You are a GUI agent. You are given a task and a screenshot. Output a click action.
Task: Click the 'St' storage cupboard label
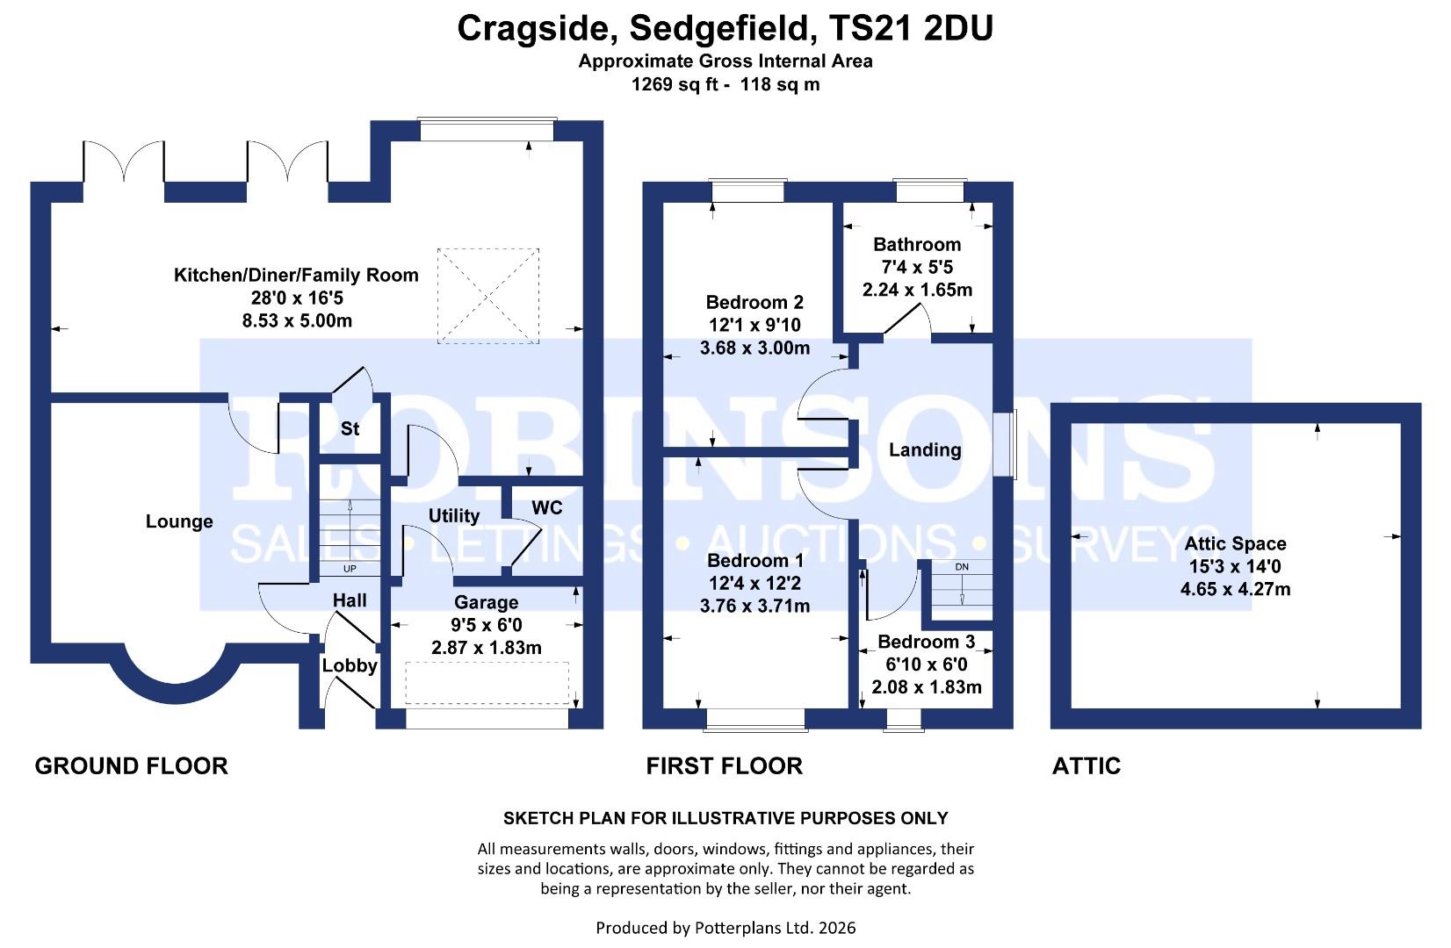tap(350, 428)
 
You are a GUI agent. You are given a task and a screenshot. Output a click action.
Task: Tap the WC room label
tap(546, 508)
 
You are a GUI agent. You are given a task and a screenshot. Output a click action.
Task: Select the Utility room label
tap(453, 515)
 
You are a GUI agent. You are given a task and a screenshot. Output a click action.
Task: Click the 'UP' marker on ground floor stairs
tap(350, 569)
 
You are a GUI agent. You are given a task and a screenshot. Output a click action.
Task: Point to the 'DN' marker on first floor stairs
tap(962, 567)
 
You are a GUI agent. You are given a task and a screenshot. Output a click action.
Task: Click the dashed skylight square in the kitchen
tap(487, 296)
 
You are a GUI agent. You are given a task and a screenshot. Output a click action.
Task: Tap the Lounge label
tap(179, 521)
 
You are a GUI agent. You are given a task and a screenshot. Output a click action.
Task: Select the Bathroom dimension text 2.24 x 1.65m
tap(917, 290)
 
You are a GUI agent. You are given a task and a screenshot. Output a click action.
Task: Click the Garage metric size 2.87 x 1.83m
tap(486, 648)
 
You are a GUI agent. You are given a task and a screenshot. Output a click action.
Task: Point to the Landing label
tap(924, 450)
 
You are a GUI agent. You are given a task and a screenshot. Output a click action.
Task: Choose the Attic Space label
tap(1234, 543)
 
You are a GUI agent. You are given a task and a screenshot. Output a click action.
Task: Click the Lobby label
tap(349, 665)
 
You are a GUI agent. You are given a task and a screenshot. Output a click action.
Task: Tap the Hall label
tap(350, 600)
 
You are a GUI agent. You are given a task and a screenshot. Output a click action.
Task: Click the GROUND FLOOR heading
tap(131, 765)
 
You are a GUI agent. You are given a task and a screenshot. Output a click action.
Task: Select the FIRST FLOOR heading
tap(724, 765)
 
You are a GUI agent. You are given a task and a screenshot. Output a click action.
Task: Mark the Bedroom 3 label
tap(926, 642)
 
